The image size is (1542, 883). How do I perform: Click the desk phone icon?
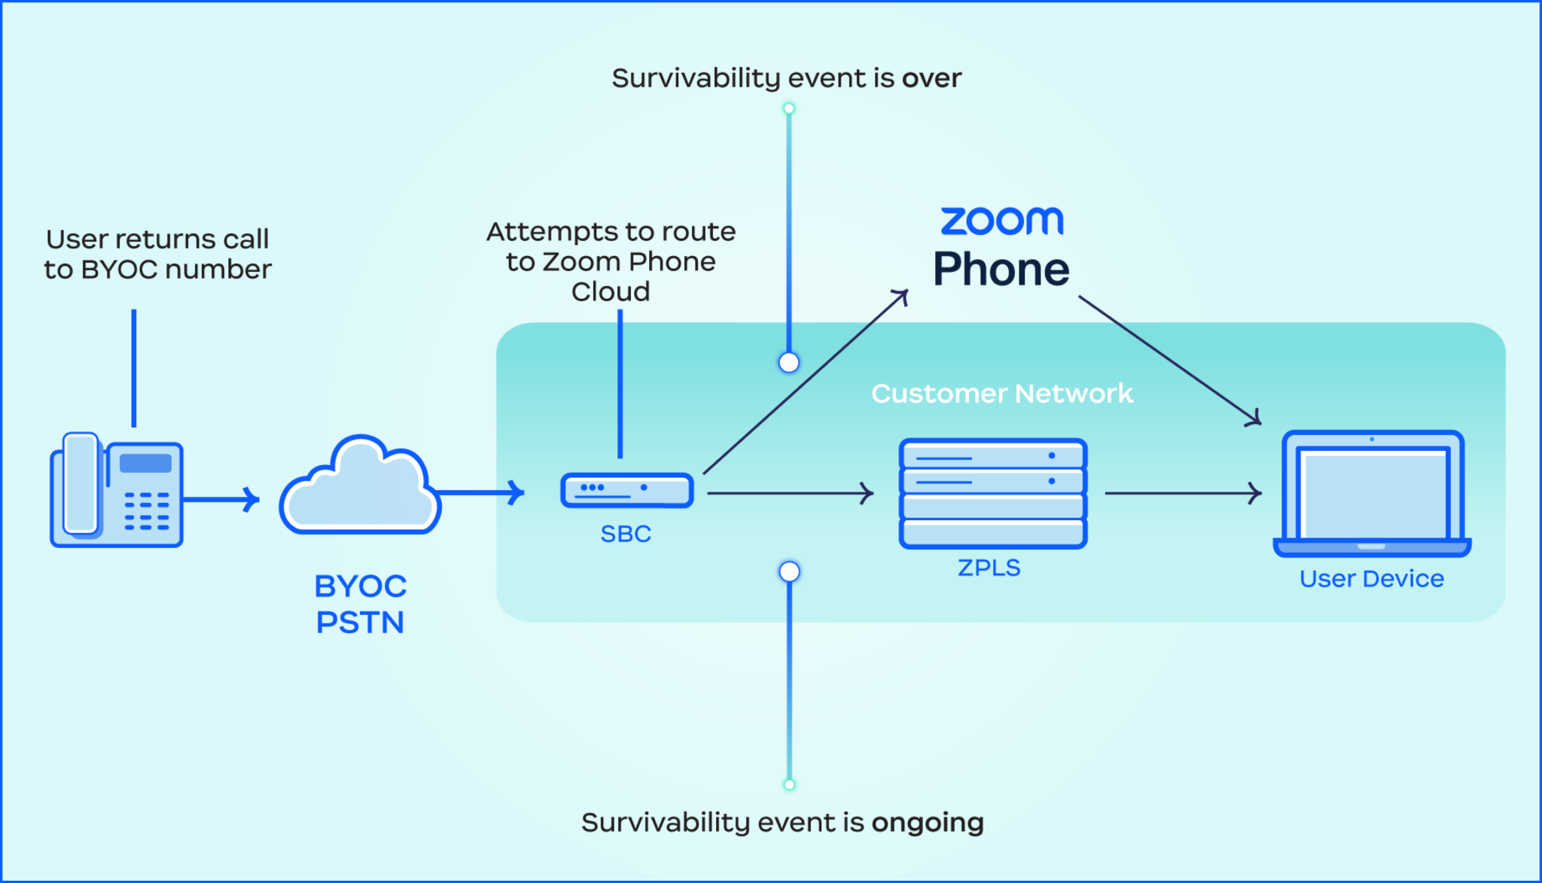pyautogui.click(x=117, y=489)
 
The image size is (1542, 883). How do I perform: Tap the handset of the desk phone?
pyautogui.click(x=81, y=483)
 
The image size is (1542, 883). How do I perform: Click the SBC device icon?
pyautogui.click(x=626, y=490)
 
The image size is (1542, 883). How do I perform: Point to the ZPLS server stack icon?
pyautogui.click(x=992, y=493)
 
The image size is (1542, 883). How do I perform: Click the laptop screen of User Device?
pyautogui.click(x=1373, y=493)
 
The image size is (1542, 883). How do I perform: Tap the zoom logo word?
pyautogui.click(x=1001, y=221)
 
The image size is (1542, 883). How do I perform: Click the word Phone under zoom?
pyautogui.click(x=1001, y=269)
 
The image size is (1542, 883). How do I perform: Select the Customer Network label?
pyautogui.click(x=1001, y=394)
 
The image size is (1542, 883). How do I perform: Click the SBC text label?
pyautogui.click(x=626, y=534)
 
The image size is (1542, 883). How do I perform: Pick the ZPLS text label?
pyautogui.click(x=989, y=568)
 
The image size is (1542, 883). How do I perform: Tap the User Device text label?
pyautogui.click(x=1371, y=579)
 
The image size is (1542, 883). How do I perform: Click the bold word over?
pyautogui.click(x=932, y=78)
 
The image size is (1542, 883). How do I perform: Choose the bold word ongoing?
pyautogui.click(x=928, y=823)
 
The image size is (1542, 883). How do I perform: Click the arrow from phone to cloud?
pyautogui.click(x=221, y=499)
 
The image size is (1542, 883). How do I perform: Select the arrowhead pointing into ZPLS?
pyautogui.click(x=868, y=494)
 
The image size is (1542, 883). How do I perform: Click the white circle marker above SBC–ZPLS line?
pyautogui.click(x=789, y=363)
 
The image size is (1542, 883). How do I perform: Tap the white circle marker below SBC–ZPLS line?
pyautogui.click(x=789, y=572)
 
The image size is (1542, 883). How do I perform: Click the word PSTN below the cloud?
pyautogui.click(x=360, y=623)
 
